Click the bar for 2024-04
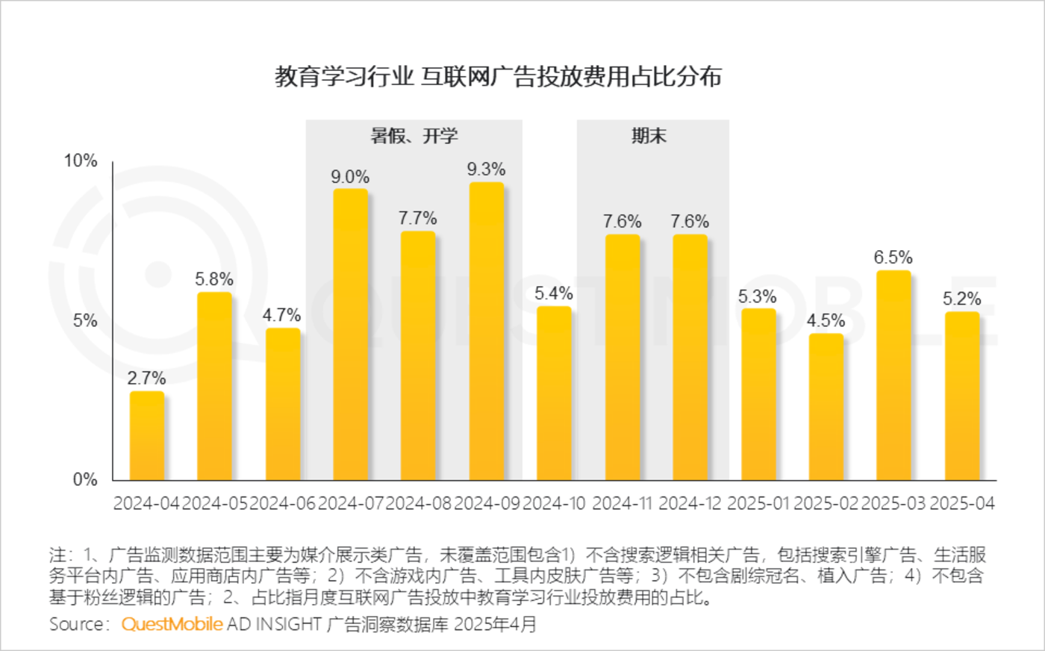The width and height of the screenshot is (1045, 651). (147, 436)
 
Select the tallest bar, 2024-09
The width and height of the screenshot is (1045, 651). (487, 331)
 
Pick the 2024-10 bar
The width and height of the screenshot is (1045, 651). (554, 393)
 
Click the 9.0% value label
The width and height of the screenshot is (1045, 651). (350, 177)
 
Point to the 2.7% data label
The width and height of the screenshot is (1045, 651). (146, 379)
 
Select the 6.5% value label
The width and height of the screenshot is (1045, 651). (893, 258)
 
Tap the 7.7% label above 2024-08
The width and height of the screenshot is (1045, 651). (417, 218)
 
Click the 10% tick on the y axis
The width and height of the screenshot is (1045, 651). (81, 161)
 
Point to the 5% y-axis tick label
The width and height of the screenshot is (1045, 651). (84, 320)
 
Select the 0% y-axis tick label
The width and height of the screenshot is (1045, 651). (84, 480)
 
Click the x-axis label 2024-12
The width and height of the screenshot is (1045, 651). (690, 504)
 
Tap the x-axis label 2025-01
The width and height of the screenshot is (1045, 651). (758, 504)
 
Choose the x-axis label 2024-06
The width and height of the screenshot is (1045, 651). (282, 504)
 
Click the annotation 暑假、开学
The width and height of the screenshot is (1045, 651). (414, 136)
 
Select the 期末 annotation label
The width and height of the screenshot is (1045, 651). (649, 136)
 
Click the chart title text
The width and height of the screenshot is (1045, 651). (498, 76)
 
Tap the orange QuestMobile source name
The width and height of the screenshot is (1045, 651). (172, 624)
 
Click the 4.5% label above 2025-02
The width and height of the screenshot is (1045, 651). (826, 321)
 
